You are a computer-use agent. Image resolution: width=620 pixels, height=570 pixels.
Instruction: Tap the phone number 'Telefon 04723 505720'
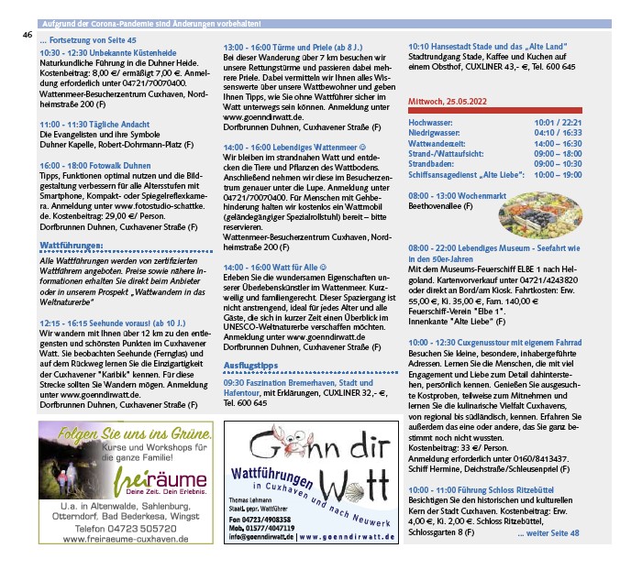click(127, 529)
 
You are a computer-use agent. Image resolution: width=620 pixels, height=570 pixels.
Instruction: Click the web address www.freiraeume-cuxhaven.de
click(127, 540)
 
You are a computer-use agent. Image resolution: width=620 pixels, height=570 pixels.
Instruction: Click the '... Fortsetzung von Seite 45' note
click(88, 42)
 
